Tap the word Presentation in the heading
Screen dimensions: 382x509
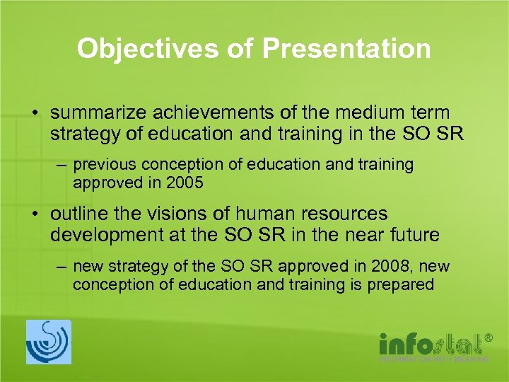click(346, 49)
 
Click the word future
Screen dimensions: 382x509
click(414, 234)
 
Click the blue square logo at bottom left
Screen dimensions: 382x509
click(49, 342)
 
